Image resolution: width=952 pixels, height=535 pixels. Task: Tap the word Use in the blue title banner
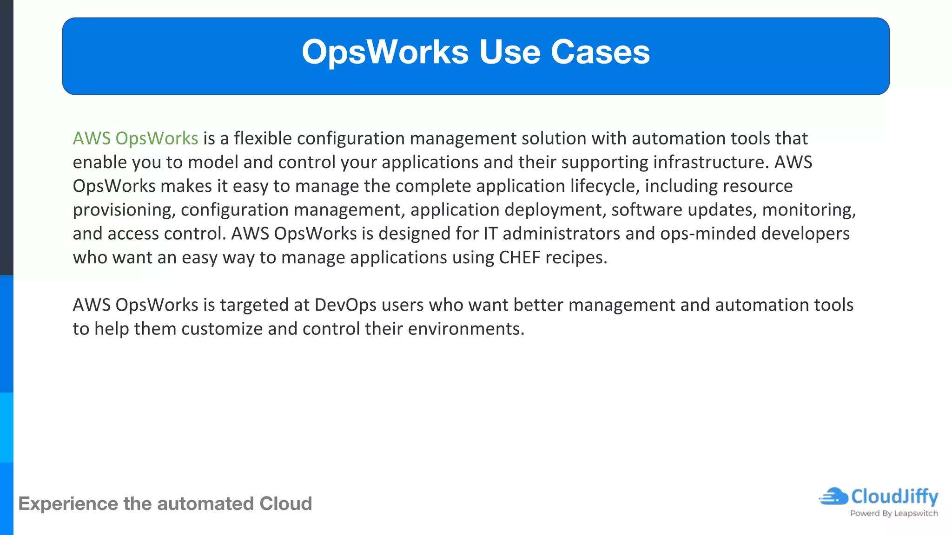coord(509,52)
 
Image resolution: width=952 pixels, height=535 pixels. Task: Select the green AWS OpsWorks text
coord(135,138)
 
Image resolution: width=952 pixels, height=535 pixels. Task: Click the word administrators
coord(561,234)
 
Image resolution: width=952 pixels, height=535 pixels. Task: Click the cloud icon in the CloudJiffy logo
coord(834,496)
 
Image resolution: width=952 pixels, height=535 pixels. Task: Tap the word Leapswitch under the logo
coord(916,514)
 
